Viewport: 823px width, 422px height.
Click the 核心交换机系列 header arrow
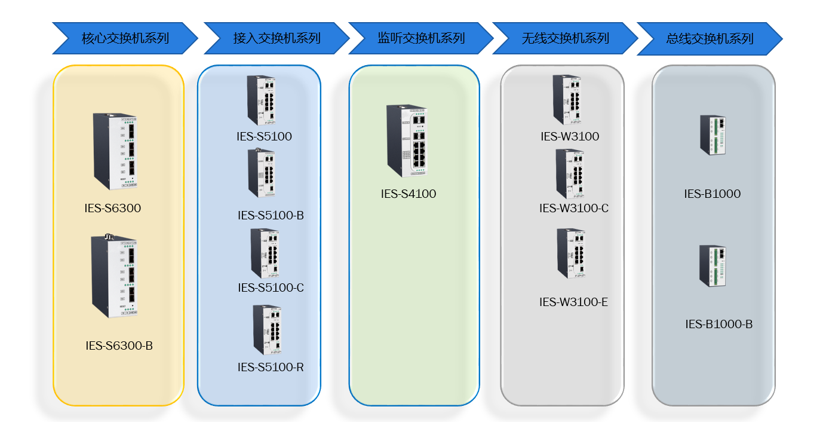point(125,39)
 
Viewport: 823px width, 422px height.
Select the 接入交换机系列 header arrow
point(277,39)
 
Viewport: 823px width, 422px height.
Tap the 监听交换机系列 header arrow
point(421,39)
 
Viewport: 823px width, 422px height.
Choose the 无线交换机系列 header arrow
point(565,39)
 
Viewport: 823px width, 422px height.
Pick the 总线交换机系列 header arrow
point(710,39)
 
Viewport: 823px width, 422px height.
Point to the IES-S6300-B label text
point(119,345)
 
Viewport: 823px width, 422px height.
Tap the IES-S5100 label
point(264,137)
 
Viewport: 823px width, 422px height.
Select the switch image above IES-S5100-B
point(262,173)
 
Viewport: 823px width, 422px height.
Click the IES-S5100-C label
point(271,288)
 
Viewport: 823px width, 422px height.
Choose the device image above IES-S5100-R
point(266,329)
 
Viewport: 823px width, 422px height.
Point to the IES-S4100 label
point(409,194)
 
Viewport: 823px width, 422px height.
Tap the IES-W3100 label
point(570,137)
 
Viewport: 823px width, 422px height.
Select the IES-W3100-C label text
point(574,209)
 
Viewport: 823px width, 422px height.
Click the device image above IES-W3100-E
point(571,253)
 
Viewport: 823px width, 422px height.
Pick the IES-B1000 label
point(712,194)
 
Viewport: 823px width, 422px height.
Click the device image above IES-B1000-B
point(713,265)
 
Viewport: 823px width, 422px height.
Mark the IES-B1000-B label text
point(718,325)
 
